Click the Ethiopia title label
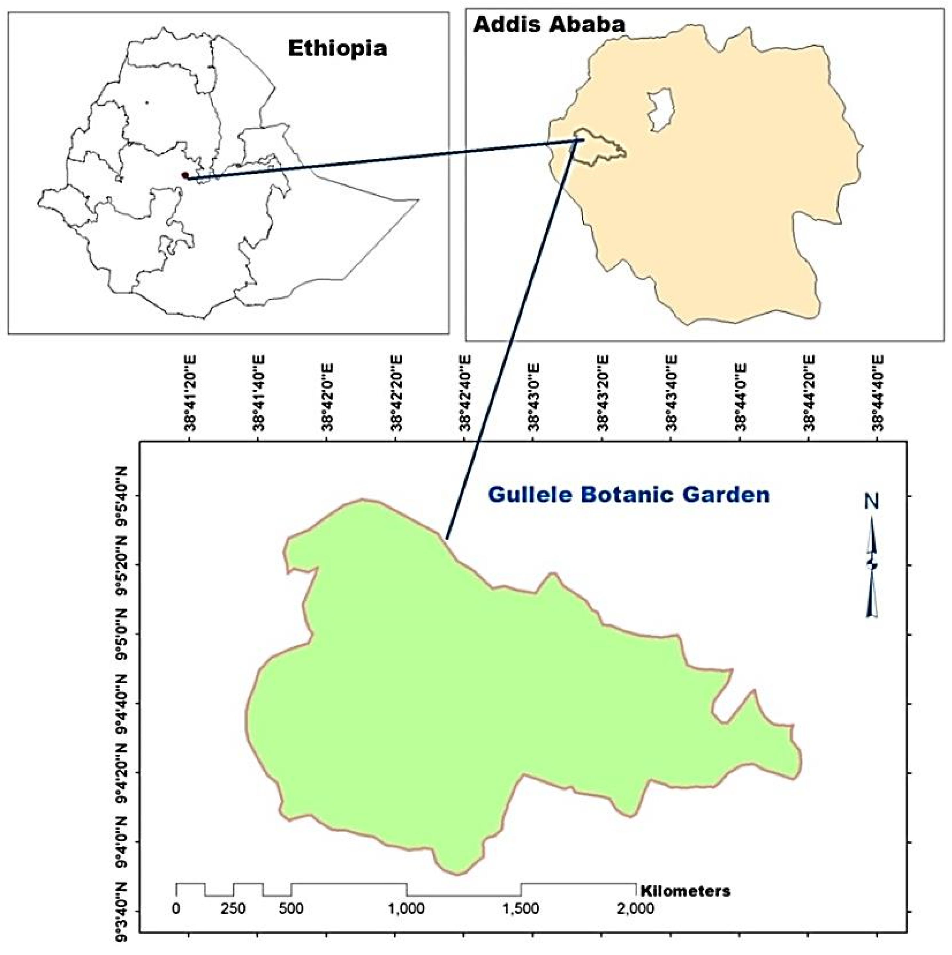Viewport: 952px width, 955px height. [x=338, y=48]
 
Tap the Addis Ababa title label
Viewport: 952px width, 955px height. [x=549, y=24]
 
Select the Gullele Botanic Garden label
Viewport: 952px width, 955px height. [x=628, y=495]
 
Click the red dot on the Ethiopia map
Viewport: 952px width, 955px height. [x=185, y=175]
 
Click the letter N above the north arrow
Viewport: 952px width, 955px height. [x=871, y=502]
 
